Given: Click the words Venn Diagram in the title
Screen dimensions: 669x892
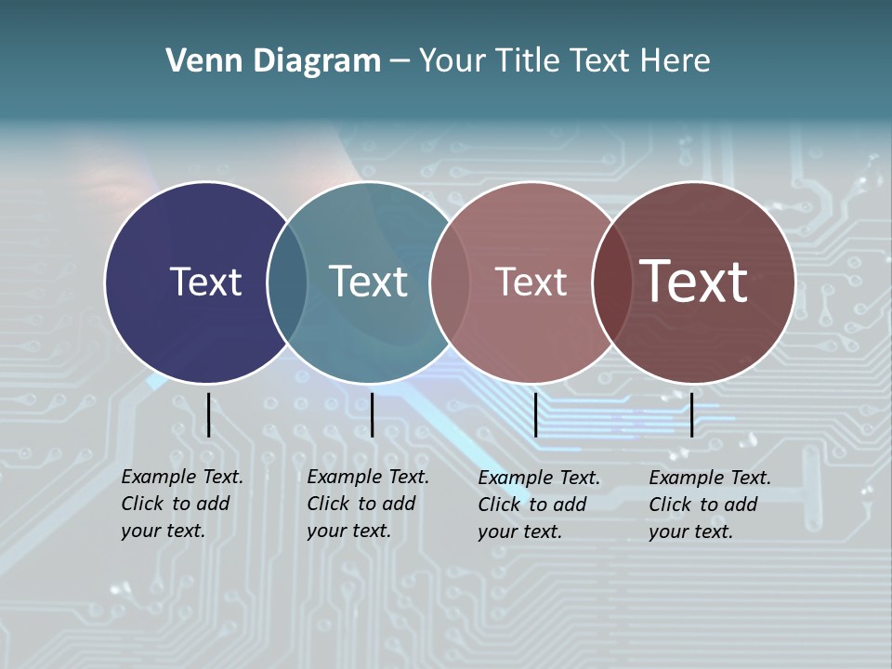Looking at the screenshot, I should [273, 61].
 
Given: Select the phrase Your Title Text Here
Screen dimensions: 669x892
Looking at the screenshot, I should [564, 61].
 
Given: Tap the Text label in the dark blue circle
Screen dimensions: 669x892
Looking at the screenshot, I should [205, 282].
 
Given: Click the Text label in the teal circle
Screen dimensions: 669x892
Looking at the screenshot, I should [368, 282].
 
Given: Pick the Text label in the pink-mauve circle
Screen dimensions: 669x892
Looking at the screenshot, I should [531, 282].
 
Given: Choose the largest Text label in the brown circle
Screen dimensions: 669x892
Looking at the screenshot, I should [693, 281].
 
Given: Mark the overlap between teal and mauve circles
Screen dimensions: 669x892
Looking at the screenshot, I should [448, 282].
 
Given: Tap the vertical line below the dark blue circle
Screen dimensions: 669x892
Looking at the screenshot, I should [208, 414].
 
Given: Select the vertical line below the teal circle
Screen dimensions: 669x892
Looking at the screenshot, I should [372, 414].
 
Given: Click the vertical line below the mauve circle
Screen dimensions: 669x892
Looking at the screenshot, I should [535, 414].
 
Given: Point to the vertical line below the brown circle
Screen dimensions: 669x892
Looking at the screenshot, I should [691, 414].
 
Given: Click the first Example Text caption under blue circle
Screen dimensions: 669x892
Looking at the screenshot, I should [181, 504].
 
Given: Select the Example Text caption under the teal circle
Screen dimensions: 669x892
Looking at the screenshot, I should [367, 504].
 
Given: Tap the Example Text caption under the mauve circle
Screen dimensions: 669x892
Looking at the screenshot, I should [538, 505].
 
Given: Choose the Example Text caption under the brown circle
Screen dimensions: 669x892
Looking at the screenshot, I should [709, 505].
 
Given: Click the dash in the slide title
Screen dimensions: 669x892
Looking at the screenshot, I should [400, 62].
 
